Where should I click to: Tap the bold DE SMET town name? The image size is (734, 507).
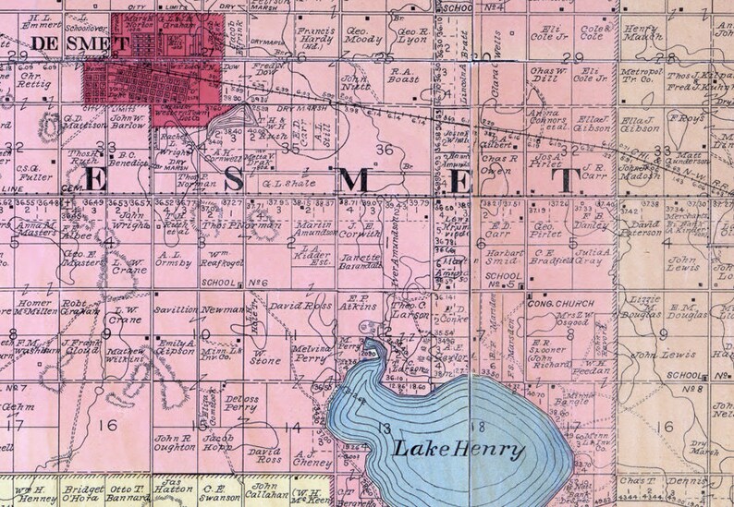67,43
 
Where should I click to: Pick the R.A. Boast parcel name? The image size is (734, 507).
406,74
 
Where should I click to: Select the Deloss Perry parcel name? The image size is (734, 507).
240,402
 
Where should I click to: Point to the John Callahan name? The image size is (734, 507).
266,489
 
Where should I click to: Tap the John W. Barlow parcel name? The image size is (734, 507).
129,122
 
